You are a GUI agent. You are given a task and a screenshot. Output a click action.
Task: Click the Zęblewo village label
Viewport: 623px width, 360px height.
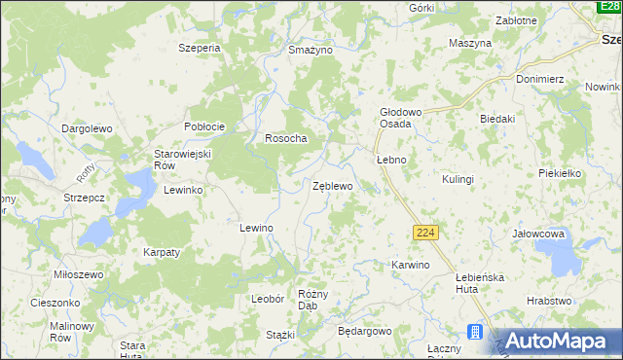click(332, 185)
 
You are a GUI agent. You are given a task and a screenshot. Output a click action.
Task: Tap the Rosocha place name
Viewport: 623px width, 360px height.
click(286, 138)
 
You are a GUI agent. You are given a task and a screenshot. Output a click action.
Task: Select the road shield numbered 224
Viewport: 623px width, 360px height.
click(425, 234)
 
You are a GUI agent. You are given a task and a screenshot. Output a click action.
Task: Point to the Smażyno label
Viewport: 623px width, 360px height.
click(311, 49)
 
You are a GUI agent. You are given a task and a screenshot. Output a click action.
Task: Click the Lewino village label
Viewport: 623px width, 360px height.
click(256, 227)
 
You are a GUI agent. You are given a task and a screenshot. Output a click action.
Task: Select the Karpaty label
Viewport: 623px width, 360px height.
click(162, 252)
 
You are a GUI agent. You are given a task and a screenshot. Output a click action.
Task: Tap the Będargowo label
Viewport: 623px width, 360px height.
click(364, 331)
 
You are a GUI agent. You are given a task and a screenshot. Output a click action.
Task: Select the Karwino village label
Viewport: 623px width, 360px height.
click(410, 265)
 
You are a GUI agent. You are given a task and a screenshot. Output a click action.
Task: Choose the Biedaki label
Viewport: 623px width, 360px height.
click(496, 118)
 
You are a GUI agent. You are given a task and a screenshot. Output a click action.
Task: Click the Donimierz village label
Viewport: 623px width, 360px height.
click(541, 78)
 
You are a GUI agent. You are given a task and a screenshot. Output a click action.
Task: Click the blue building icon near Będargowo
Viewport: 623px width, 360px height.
click(476, 333)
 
